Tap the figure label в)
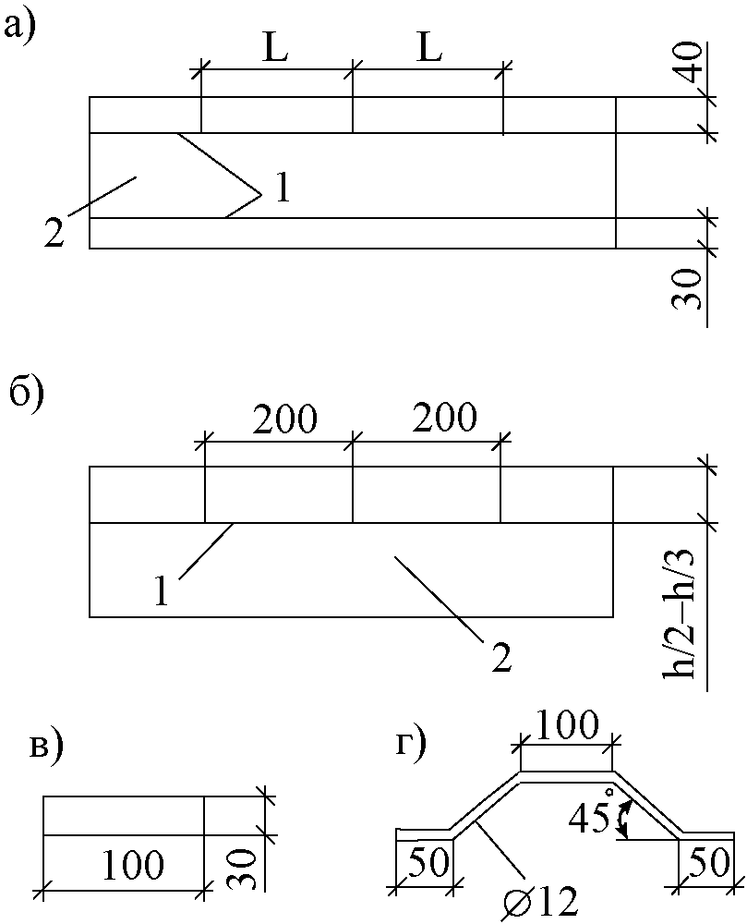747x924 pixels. pyautogui.click(x=46, y=749)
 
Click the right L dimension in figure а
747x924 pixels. pyautogui.click(x=428, y=49)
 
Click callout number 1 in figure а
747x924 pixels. pyautogui.click(x=283, y=188)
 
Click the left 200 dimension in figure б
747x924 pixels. pyautogui.click(x=283, y=420)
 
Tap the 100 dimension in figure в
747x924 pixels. pyautogui.click(x=133, y=866)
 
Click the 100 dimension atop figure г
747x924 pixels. pyautogui.click(x=567, y=724)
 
